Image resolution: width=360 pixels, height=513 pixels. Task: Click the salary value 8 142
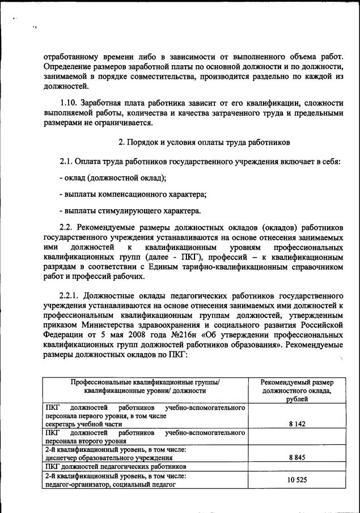coord(297,423)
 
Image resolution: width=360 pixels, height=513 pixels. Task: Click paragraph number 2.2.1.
coord(71,296)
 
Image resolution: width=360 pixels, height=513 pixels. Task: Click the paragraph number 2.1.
coord(67,162)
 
